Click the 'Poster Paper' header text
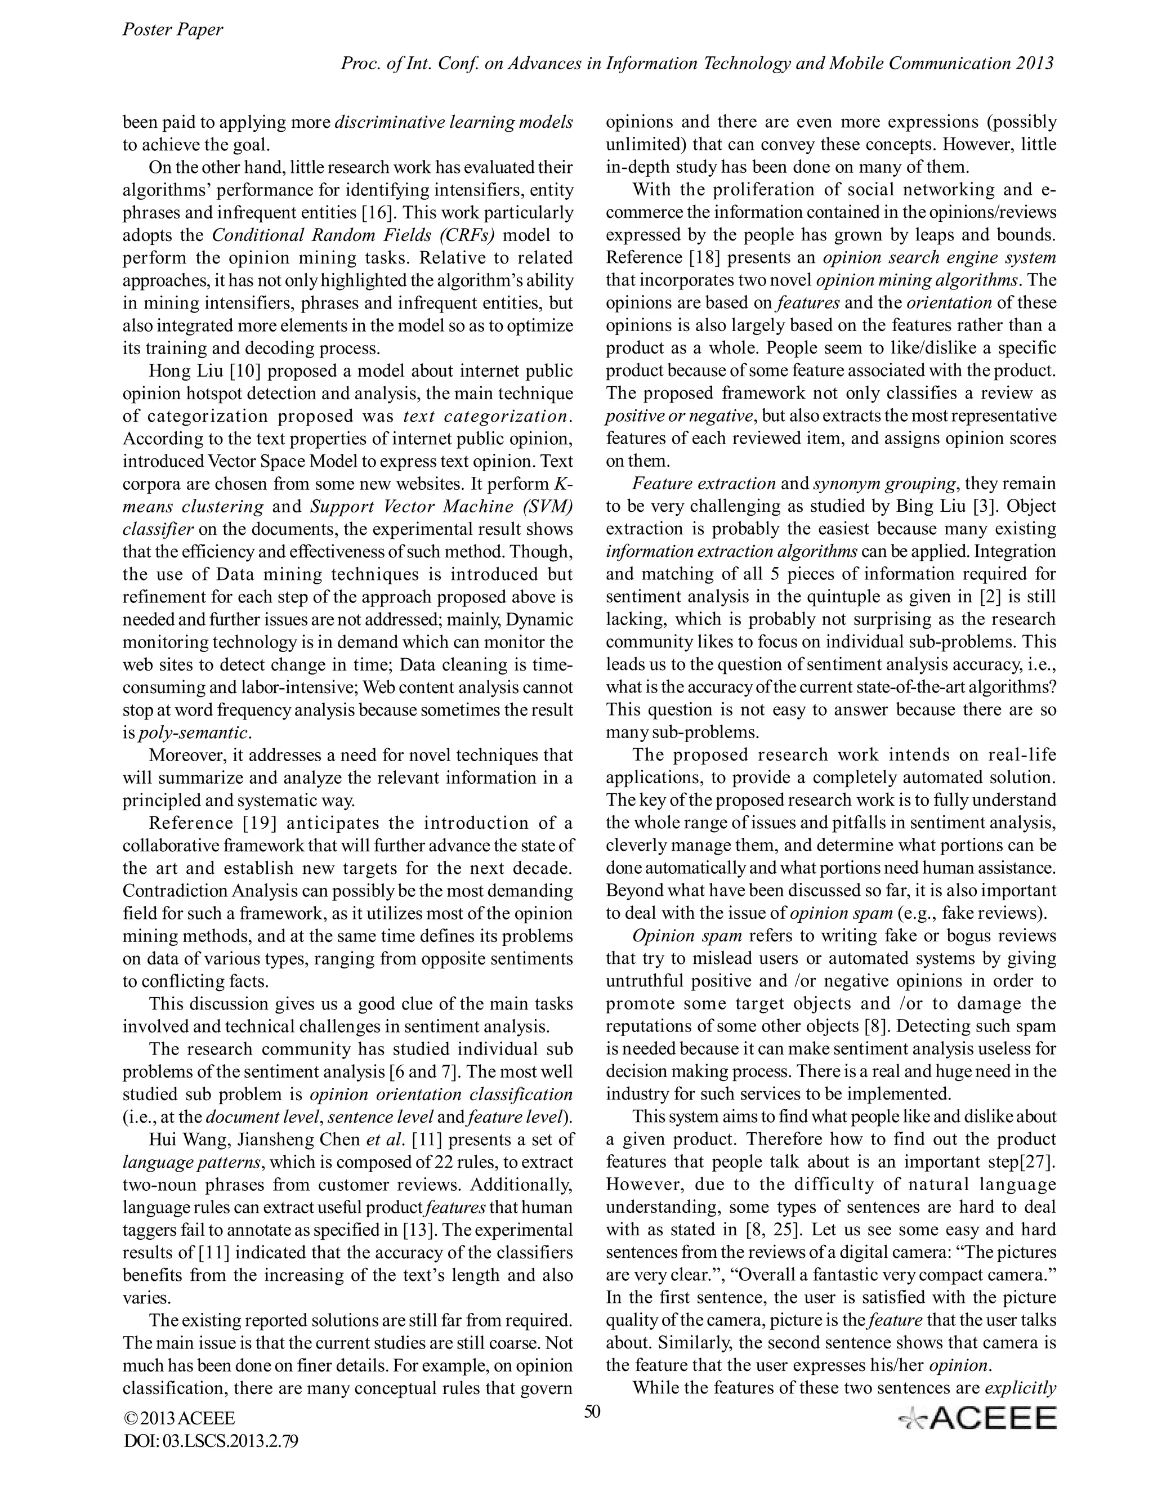coord(172,29)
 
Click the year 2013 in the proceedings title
coord(1035,64)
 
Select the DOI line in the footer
coord(211,1441)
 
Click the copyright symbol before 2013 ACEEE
coord(130,1418)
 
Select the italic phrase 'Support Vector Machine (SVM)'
coord(441,506)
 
